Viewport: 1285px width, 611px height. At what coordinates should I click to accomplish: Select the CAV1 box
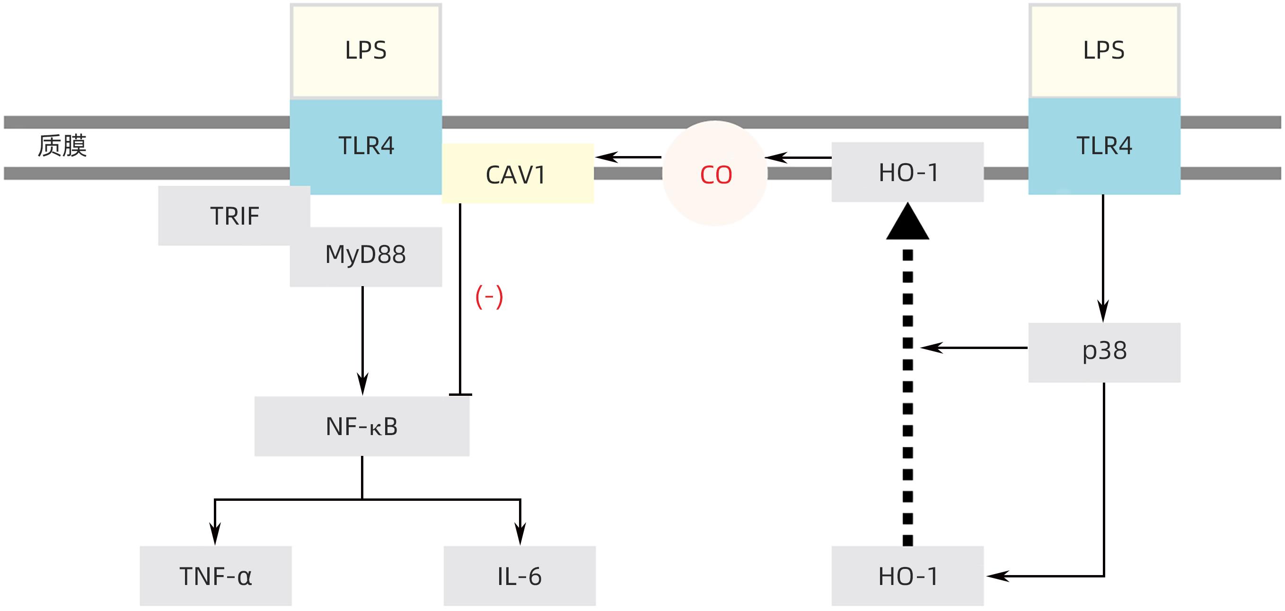pyautogui.click(x=517, y=174)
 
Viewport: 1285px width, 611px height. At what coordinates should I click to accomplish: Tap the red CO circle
pyautogui.click(x=715, y=174)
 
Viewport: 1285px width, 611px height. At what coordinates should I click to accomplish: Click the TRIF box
pyautogui.click(x=234, y=216)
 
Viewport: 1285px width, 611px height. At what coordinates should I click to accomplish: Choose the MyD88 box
pyautogui.click(x=366, y=256)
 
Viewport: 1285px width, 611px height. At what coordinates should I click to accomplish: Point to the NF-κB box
pyautogui.click(x=361, y=427)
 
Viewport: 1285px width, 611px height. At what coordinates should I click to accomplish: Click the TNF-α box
pyautogui.click(x=215, y=576)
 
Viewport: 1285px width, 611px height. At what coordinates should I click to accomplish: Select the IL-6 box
pyautogui.click(x=519, y=576)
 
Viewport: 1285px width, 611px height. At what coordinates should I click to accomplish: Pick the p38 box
pyautogui.click(x=1104, y=352)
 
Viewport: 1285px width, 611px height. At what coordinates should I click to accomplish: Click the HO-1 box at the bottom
pyautogui.click(x=907, y=576)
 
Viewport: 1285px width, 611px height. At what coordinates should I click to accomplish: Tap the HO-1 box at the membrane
pyautogui.click(x=907, y=172)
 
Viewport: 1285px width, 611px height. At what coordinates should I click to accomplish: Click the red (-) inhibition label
pyautogui.click(x=489, y=297)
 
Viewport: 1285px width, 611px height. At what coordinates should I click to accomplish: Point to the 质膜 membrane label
pyautogui.click(x=62, y=146)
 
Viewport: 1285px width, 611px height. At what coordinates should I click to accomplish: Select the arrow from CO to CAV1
pyautogui.click(x=628, y=157)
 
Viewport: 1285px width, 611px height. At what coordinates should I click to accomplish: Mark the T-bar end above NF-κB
pyautogui.click(x=460, y=394)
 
